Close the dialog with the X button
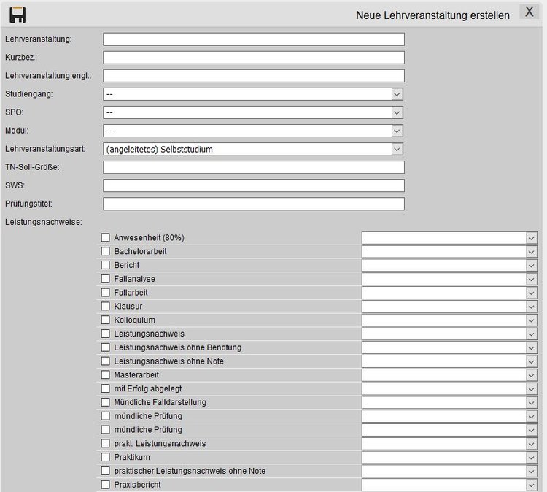529,12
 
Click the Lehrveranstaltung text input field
253,39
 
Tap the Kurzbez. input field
253,58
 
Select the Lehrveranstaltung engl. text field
253,76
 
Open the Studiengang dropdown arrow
397,94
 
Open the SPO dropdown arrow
397,112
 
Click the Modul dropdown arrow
397,131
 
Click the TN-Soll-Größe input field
253,167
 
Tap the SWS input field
253,185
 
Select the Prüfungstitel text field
253,204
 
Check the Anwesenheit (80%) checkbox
105,238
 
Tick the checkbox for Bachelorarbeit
105,251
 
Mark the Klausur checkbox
105,307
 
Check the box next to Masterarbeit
105,375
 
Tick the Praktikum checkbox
105,458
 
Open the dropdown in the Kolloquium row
531,320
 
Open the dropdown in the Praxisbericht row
531,485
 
